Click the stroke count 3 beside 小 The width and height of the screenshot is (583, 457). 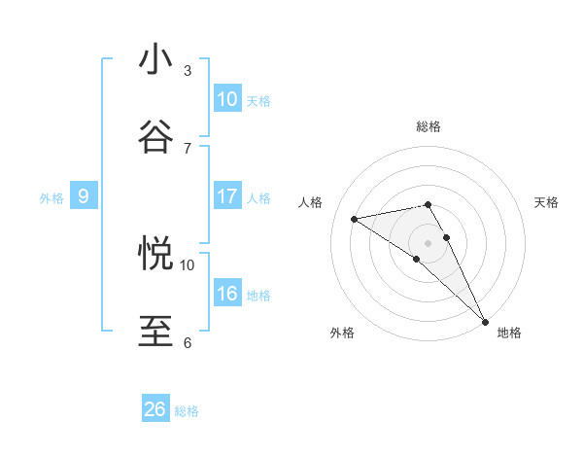(x=188, y=70)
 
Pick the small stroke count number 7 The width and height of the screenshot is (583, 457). (x=188, y=147)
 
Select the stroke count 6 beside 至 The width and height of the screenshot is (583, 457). (x=188, y=342)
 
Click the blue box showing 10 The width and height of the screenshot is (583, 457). (x=227, y=99)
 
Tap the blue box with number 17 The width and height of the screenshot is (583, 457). (x=227, y=196)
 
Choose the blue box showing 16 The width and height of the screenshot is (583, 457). (x=227, y=294)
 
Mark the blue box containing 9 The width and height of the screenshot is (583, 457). (x=84, y=196)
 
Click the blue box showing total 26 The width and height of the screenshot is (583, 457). (x=155, y=409)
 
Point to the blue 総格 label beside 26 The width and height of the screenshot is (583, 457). (x=187, y=411)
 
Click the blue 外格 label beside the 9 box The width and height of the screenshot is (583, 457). (x=51, y=198)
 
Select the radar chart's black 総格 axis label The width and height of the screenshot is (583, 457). (x=429, y=126)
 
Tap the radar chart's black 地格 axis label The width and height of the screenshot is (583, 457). (x=509, y=333)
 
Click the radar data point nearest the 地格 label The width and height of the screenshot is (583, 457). (x=485, y=320)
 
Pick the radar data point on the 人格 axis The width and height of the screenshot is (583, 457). (x=355, y=219)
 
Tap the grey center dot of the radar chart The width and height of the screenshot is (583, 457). (x=429, y=242)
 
